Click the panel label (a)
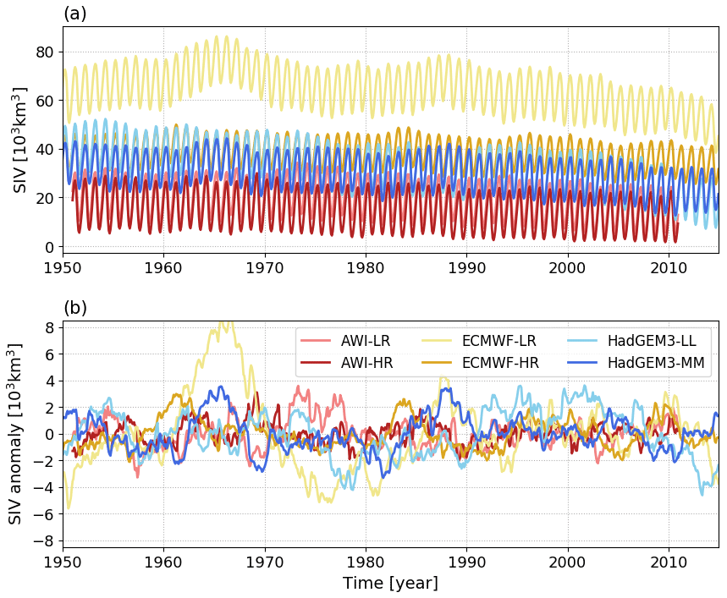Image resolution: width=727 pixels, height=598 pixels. click(75, 14)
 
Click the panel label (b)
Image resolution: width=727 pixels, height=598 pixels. click(75, 308)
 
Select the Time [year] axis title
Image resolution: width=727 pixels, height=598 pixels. click(390, 583)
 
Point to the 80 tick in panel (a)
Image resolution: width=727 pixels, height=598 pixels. click(45, 52)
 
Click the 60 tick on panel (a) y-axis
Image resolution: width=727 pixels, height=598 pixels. click(45, 101)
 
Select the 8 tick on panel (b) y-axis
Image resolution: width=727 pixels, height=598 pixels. click(50, 327)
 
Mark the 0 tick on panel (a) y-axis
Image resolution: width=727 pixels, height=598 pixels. click(50, 247)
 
